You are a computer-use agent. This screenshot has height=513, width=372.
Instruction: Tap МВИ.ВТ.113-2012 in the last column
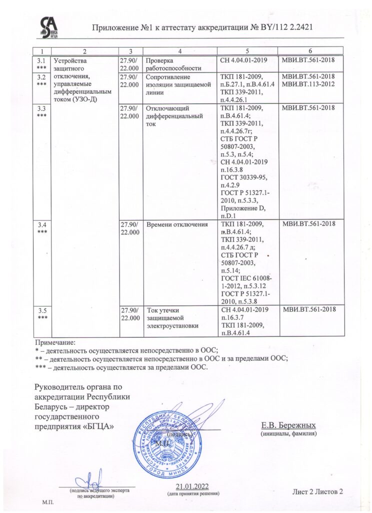(x=308, y=84)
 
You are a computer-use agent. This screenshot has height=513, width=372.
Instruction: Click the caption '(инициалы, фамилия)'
(x=289, y=434)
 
